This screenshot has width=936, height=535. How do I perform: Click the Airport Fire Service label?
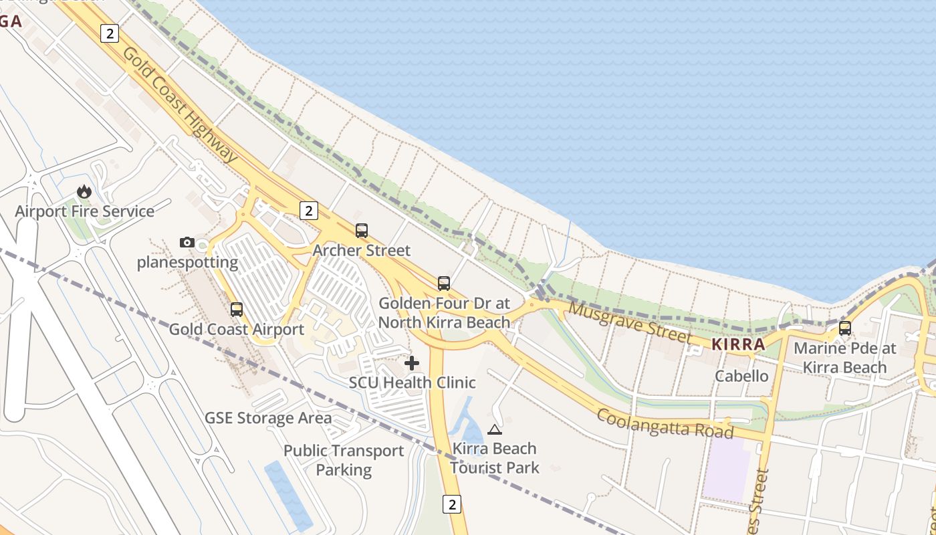85,211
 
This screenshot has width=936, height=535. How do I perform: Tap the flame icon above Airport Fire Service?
84,192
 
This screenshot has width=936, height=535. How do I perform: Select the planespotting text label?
187,262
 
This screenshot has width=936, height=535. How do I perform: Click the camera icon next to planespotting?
187,242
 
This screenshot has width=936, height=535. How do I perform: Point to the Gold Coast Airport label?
236,329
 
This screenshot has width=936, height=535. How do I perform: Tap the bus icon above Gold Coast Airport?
236,310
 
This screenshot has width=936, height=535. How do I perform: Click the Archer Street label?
362,250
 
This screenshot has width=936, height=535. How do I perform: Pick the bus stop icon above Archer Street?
362,231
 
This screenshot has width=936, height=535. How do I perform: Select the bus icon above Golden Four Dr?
444,283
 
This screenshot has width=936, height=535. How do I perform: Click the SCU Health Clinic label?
413,383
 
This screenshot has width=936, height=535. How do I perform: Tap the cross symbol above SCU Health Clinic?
413,363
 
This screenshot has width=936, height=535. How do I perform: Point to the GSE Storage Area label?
268,418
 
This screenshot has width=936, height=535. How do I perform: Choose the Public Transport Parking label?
344,460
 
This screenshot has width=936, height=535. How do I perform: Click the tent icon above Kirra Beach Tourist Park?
495,429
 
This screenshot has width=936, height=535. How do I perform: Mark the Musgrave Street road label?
629,322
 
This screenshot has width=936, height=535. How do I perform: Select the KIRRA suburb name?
738,344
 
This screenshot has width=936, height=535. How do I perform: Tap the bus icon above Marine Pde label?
845,328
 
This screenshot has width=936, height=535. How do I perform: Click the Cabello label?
742,376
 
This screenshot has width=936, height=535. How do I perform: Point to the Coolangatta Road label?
665,424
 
